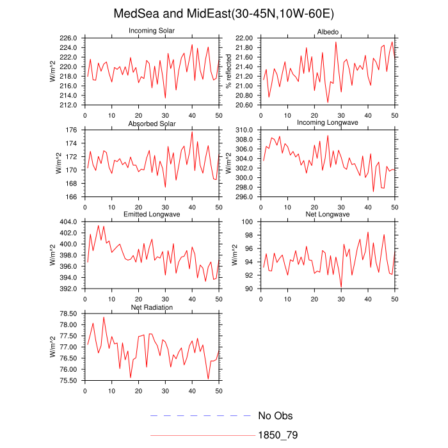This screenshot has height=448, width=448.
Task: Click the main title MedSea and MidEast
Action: (x=223, y=13)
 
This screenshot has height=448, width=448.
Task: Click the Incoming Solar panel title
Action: (x=152, y=31)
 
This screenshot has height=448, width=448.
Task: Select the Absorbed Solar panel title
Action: (x=152, y=123)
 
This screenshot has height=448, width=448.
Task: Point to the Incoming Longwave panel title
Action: (x=328, y=123)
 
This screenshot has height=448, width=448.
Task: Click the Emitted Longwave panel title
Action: (x=152, y=214)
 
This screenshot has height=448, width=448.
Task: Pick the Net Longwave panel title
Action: (x=328, y=214)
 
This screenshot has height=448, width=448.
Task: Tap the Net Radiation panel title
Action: (x=152, y=307)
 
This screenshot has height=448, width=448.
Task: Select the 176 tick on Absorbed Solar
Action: (x=73, y=130)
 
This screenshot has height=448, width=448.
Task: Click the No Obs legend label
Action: (x=275, y=416)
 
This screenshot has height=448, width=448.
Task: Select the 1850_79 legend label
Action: (x=278, y=435)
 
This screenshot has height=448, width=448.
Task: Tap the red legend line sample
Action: (x=202, y=435)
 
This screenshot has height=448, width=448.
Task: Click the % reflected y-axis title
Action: (x=228, y=72)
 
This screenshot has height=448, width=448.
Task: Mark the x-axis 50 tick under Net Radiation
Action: (x=219, y=390)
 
